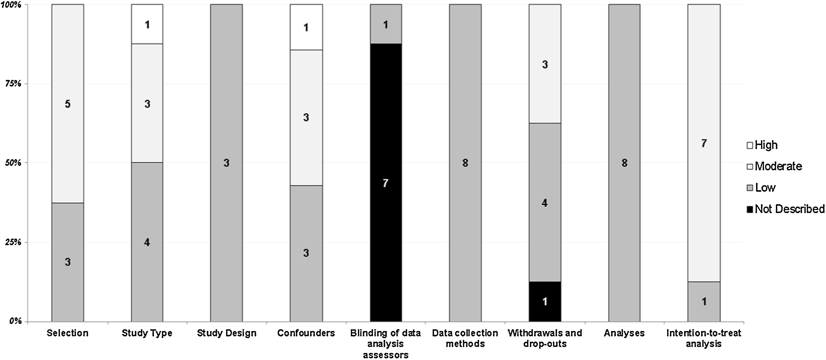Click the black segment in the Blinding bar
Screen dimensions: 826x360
tap(386, 183)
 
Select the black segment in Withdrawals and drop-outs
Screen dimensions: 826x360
tap(545, 301)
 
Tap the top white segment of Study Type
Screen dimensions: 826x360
tap(147, 24)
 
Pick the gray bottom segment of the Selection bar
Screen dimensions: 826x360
tap(68, 262)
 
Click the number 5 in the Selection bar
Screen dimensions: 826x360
tap(68, 104)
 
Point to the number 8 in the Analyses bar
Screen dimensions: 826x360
tap(624, 163)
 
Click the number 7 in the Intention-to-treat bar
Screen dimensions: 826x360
tap(704, 143)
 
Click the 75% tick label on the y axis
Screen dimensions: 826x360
tap(13, 84)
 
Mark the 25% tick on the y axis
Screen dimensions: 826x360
tap(13, 242)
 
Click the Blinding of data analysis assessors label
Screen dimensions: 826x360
tap(385, 344)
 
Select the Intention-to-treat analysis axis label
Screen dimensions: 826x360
tap(704, 338)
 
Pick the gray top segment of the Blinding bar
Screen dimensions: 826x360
tap(386, 24)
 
